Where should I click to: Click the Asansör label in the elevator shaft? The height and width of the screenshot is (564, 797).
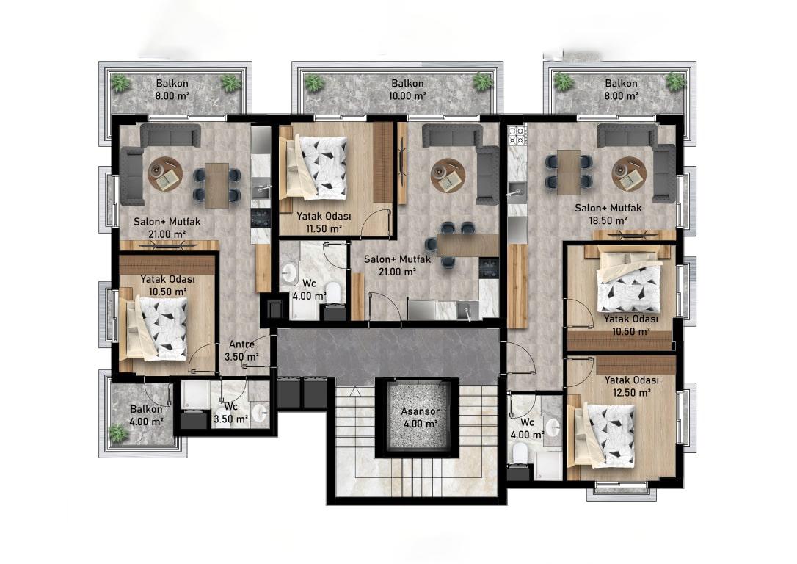click(x=420, y=411)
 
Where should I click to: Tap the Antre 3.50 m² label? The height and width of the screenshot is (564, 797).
click(x=242, y=350)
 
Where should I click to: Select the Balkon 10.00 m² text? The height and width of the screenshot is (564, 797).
click(x=407, y=89)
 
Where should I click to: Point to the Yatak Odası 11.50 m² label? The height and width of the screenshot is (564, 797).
click(x=324, y=223)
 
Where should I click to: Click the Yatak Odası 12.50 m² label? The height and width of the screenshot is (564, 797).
click(x=632, y=386)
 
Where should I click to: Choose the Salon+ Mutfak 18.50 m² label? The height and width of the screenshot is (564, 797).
click(x=608, y=214)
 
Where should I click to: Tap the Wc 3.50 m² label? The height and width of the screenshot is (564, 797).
click(x=230, y=413)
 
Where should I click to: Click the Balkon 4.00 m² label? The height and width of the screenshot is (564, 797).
click(x=146, y=415)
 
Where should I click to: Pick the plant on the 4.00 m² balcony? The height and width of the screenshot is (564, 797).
click(x=118, y=433)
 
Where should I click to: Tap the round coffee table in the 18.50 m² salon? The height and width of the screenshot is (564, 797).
click(x=629, y=173)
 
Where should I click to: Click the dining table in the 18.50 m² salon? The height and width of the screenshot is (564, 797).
click(x=569, y=173)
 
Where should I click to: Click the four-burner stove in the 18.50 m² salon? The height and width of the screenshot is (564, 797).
click(x=517, y=135)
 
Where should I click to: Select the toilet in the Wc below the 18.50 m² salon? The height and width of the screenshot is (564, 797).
click(x=520, y=452)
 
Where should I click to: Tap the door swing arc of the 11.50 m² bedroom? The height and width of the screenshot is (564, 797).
click(x=375, y=222)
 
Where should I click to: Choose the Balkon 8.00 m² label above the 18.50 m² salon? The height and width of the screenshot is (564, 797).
click(x=621, y=89)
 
